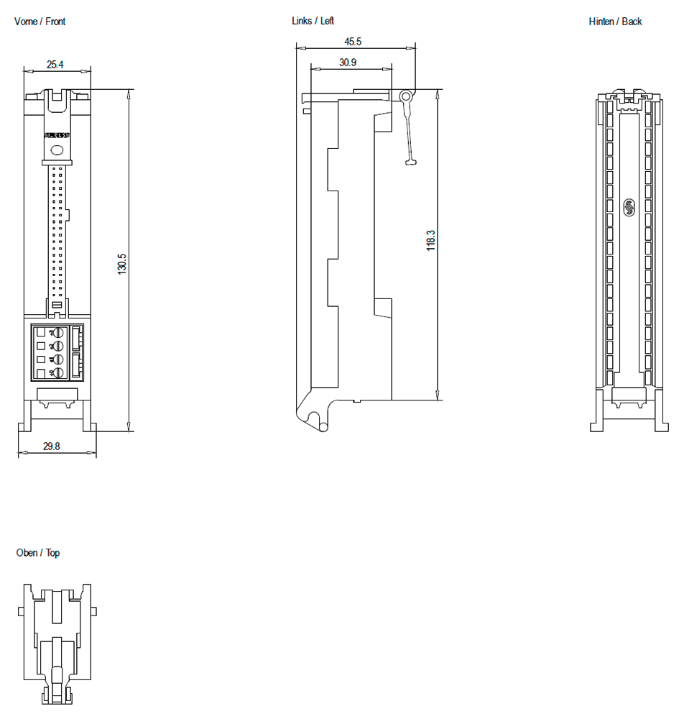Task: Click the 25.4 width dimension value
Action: pos(55,65)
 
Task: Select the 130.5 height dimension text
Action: pos(123,264)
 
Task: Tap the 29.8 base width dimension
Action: pos(52,446)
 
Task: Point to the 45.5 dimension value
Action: pos(353,42)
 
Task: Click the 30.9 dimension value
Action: pos(348,63)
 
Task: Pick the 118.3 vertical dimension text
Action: pos(431,240)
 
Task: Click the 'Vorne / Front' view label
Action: pos(40,22)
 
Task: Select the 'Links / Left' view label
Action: pos(313,21)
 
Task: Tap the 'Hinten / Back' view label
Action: pos(615,22)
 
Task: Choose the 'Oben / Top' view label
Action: pos(38,553)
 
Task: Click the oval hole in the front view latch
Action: pos(57,150)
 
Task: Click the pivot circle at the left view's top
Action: pos(406,96)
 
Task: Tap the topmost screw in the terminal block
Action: pos(58,333)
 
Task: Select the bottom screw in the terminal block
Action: pos(58,372)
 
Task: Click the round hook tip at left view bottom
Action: pos(324,426)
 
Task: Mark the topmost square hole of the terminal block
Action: pos(40,332)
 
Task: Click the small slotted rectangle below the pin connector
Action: pos(57,307)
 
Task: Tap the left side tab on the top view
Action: pos(21,611)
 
